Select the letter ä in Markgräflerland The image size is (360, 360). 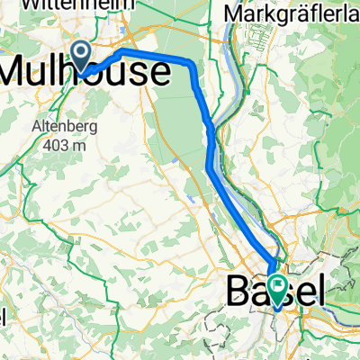(289, 15)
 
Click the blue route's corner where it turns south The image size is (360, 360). (192, 65)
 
